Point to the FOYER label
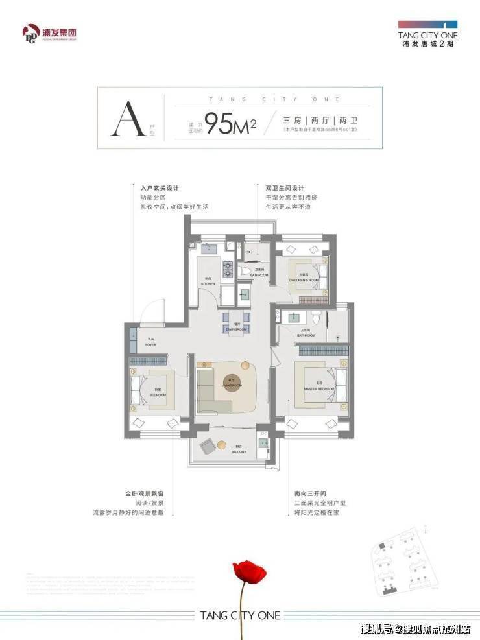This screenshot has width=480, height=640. pyautogui.click(x=150, y=344)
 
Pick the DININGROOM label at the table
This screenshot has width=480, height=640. pyautogui.click(x=237, y=329)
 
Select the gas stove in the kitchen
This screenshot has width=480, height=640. pyautogui.click(x=229, y=268)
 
